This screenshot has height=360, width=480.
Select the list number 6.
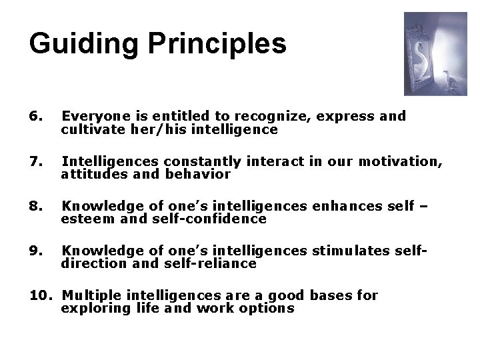pyautogui.click(x=36, y=117)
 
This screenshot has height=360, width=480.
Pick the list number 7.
pyautogui.click(x=36, y=161)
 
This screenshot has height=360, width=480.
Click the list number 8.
pyautogui.click(x=36, y=206)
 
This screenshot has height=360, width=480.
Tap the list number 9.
pyautogui.click(x=36, y=250)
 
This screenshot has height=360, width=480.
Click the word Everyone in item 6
pyautogui.click(x=90, y=117)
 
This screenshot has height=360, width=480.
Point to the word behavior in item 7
pyautogui.click(x=199, y=175)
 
